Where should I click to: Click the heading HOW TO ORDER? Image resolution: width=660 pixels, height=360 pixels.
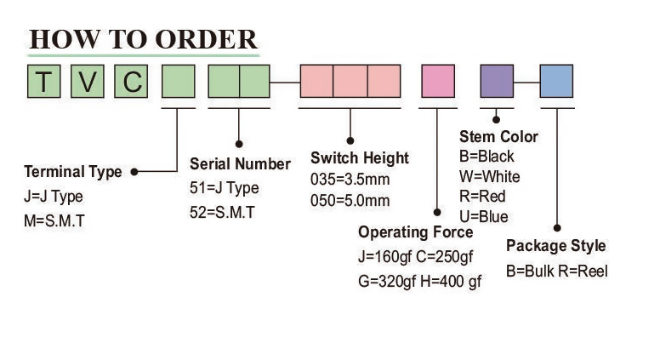143,39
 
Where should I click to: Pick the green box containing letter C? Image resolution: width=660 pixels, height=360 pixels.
132,83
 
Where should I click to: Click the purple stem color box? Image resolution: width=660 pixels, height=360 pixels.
497,83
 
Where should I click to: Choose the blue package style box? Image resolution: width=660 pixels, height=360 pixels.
556,83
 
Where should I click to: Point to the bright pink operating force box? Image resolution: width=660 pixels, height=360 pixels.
439,83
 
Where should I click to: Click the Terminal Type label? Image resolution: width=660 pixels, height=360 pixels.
73,172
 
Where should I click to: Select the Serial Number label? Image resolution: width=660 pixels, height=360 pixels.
240,164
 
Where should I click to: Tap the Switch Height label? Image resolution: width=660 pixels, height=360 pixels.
359,158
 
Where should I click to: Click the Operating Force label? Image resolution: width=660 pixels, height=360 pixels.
415,232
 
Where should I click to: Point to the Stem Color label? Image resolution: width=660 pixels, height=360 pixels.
498,137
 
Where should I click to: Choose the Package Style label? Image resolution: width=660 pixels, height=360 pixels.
556,246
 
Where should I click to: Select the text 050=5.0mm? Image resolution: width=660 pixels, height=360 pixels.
350,201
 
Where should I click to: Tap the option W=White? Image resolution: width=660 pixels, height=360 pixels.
489,177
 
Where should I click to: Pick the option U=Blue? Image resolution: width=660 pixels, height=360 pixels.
483,216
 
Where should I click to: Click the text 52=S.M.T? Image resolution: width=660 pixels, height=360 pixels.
222,213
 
